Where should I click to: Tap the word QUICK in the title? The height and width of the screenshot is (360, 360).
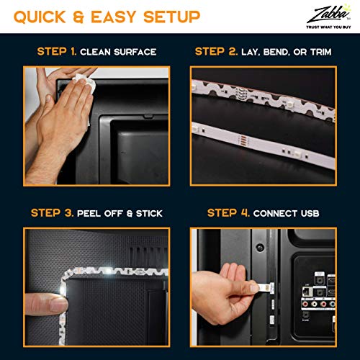(40, 17)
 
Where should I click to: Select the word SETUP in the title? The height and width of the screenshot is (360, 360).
(172, 17)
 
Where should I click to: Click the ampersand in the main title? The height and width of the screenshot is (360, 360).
(78, 17)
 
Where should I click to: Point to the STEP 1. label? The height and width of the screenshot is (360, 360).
(57, 52)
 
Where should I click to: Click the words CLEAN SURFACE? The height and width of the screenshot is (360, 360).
(118, 52)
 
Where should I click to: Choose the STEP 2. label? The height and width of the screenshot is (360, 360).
(216, 52)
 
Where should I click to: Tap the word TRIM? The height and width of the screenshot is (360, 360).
(321, 52)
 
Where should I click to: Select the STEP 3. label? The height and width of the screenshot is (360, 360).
(53, 213)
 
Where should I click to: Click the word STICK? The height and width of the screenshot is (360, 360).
(149, 213)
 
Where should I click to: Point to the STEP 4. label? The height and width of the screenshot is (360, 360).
(228, 213)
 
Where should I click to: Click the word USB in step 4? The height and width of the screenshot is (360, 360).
(310, 213)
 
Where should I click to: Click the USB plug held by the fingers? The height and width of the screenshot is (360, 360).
(266, 287)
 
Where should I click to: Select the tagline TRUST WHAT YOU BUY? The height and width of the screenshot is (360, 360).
(328, 27)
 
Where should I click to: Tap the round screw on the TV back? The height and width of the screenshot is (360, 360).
(259, 247)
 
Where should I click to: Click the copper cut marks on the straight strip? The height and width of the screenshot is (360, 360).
(243, 140)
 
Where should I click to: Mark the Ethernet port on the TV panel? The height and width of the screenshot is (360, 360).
(307, 291)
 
